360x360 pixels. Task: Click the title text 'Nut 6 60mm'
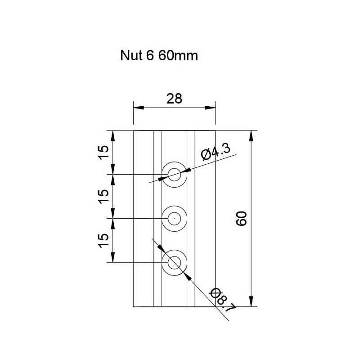coord(159,56)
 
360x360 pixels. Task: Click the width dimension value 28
coord(174,99)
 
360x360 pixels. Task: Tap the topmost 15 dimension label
coord(103,153)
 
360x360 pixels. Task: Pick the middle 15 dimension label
coord(103,196)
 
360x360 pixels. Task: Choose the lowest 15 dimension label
coord(103,240)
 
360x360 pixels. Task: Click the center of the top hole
coord(174,174)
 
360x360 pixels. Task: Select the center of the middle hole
coord(174,218)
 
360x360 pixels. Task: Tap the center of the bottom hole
coord(174,262)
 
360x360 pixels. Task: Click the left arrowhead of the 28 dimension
coord(138,108)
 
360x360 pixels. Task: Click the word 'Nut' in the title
coord(130,56)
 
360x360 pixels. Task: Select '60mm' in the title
coord(178,56)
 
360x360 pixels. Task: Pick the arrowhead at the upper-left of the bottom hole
coord(161,248)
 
